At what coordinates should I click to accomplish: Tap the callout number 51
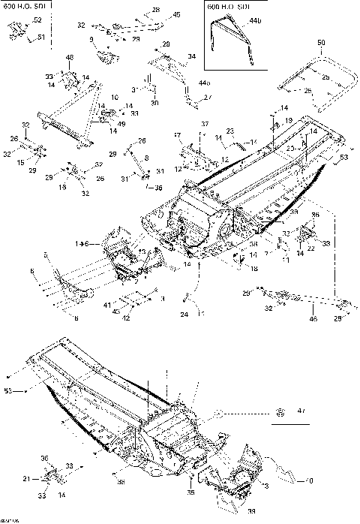pos(41,37)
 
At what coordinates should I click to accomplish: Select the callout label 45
pos(176,14)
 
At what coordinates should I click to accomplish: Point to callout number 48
pos(69,58)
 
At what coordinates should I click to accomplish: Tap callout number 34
pos(191,56)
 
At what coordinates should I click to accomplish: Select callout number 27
pos(208,97)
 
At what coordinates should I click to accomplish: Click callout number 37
pos(204,123)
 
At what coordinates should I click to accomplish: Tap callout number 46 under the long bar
pos(313,319)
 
